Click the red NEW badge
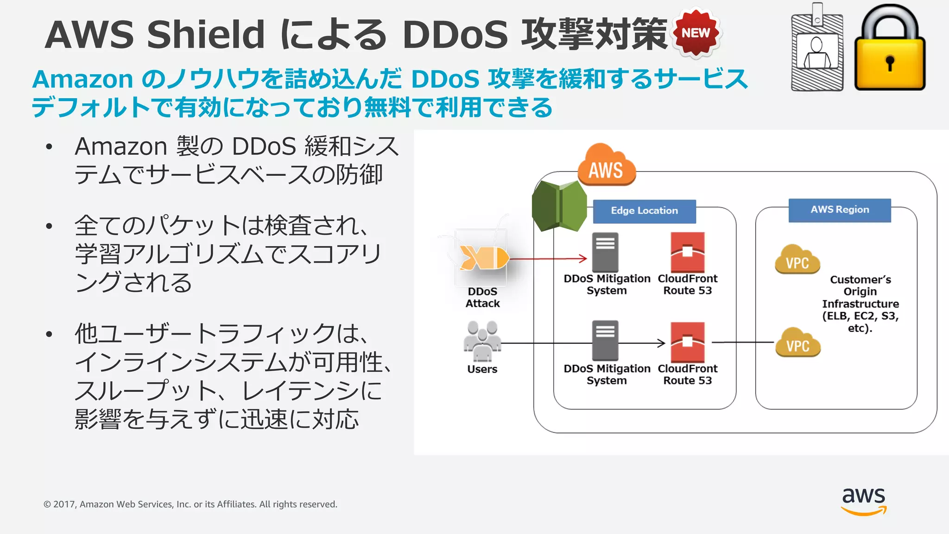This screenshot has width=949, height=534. (696, 33)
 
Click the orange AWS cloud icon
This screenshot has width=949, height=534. (606, 166)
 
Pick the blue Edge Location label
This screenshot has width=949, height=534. (644, 211)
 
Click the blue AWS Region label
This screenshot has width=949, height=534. (840, 210)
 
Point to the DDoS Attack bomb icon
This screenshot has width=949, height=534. (484, 257)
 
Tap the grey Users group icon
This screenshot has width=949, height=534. (482, 341)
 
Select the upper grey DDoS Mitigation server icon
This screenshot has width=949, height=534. (605, 252)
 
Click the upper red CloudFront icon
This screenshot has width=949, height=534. (688, 252)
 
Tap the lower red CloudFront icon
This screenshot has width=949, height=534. (688, 342)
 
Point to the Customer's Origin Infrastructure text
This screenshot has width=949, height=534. (860, 304)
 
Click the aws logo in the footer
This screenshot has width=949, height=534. (863, 501)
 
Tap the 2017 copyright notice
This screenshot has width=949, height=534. (190, 504)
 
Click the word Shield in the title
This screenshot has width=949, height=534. (206, 35)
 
